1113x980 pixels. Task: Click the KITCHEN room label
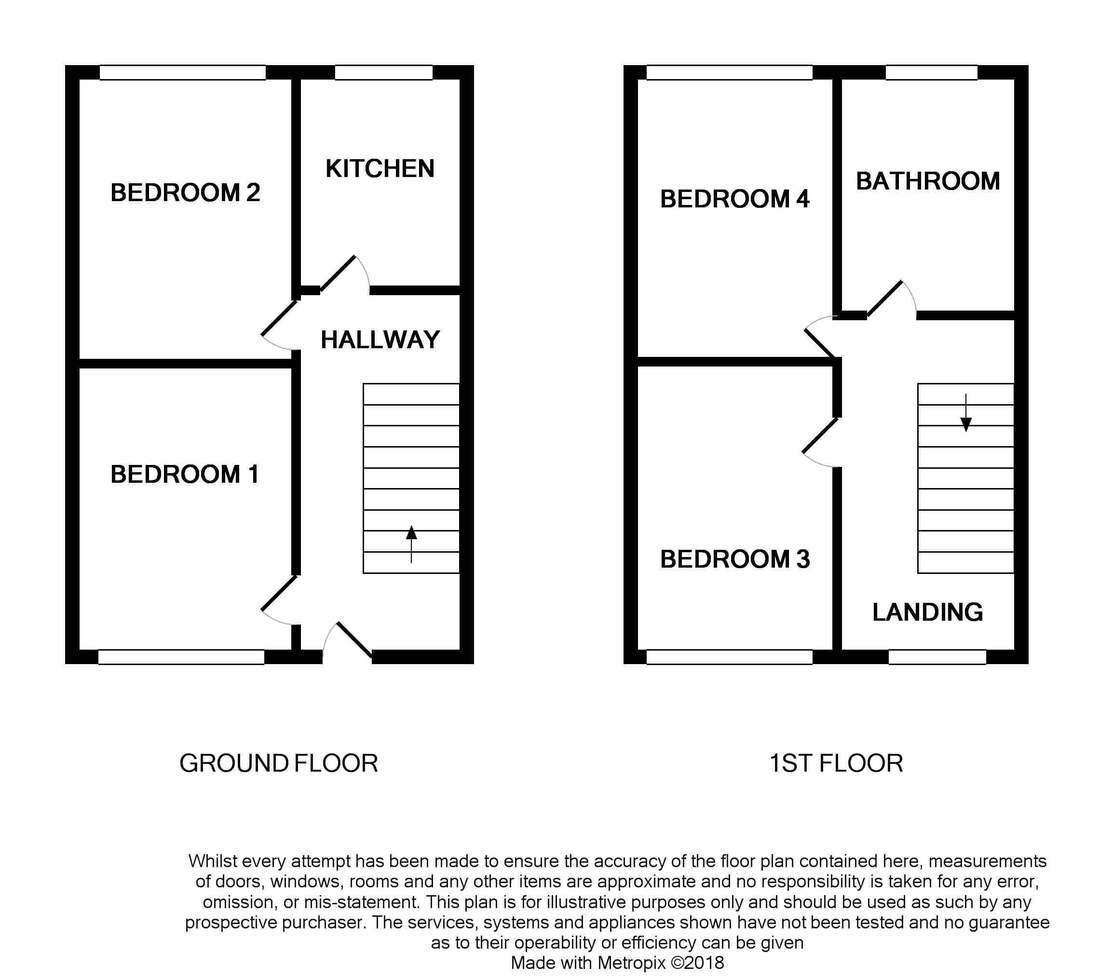coord(380,168)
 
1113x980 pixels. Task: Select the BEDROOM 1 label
coord(185,474)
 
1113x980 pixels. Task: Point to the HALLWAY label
coord(380,340)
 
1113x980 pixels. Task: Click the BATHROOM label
coord(928,181)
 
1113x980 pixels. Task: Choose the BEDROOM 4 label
coord(734,199)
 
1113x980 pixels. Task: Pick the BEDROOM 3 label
coord(734,559)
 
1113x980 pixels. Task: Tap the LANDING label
coord(928,612)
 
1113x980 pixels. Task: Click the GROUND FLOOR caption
coord(279,763)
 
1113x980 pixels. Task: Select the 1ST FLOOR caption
coord(836,763)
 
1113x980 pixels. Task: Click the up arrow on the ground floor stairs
coord(411,544)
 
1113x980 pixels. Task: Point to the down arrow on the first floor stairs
coord(966,413)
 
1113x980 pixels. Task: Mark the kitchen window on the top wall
coord(384,72)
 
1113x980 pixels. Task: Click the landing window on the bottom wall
coord(937,657)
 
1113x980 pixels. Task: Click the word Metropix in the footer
coord(632,963)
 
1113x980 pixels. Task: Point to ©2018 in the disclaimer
coord(697,963)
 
